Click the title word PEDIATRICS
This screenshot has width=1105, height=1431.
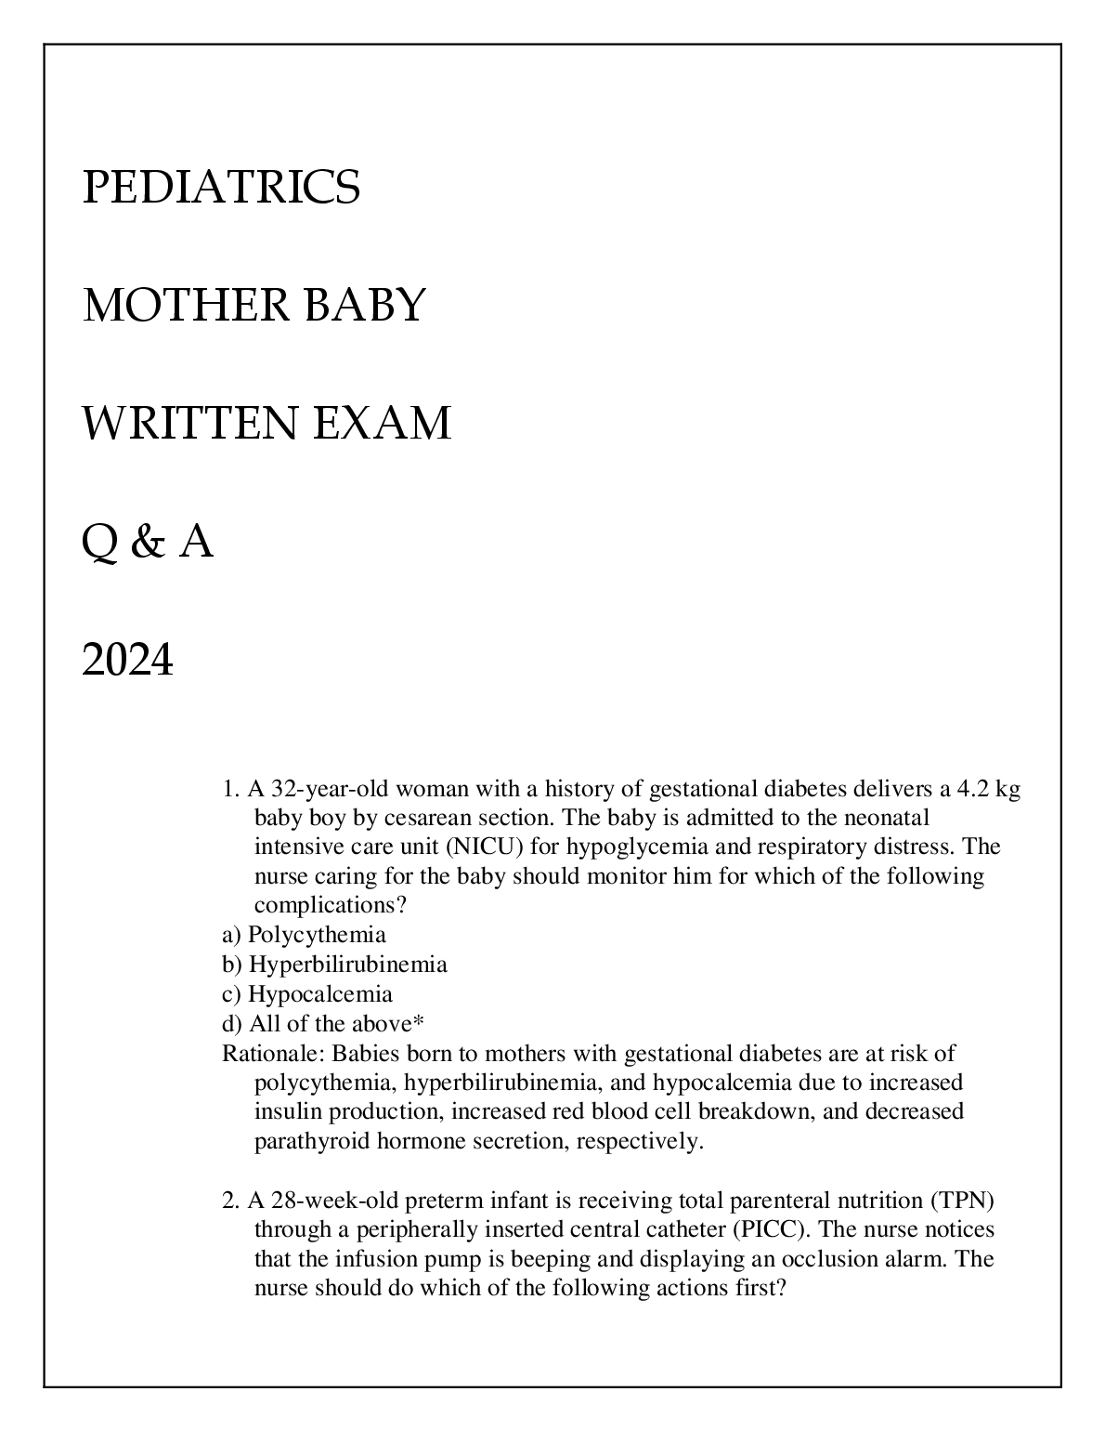(x=221, y=187)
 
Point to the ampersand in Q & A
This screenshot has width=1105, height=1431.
(x=148, y=543)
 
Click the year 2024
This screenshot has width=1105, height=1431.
(x=128, y=662)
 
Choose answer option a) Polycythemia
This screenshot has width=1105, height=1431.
(x=304, y=934)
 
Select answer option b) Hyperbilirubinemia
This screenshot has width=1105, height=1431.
(x=334, y=964)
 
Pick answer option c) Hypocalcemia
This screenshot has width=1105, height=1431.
(x=307, y=993)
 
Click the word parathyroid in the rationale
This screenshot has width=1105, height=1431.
(x=312, y=1141)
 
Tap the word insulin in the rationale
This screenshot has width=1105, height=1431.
(x=284, y=1111)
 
